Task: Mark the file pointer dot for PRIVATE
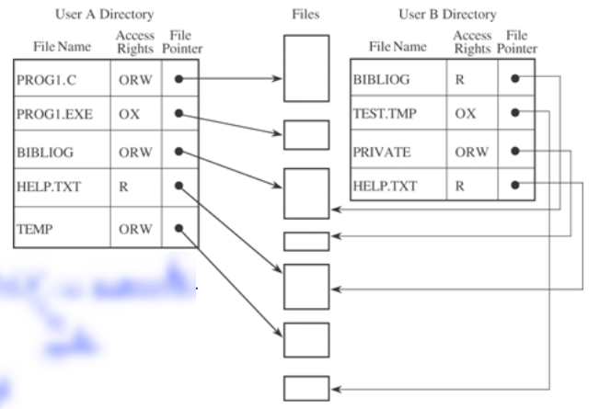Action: [x=516, y=150]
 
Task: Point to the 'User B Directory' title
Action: [x=447, y=15]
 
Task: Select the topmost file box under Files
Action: [x=306, y=67]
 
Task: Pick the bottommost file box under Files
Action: [x=306, y=388]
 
